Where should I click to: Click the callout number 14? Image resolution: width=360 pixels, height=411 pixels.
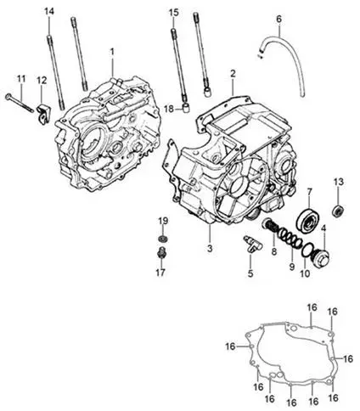49,12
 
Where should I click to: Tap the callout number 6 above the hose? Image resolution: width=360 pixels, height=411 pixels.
278,19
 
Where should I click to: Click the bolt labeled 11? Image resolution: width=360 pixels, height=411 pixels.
20,103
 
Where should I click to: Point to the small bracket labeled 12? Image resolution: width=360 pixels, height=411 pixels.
43,115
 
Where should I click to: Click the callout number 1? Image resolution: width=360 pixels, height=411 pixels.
112,52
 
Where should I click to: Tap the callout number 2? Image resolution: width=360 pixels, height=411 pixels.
233,74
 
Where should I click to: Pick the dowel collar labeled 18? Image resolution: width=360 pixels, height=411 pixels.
185,108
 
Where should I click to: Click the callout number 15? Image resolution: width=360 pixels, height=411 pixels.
174,13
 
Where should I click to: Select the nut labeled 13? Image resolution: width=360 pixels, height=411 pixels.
338,210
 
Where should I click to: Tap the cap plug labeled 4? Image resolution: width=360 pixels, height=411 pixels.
321,257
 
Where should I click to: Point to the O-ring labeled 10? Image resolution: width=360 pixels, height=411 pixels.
307,250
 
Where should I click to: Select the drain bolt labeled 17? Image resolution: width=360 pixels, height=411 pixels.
162,252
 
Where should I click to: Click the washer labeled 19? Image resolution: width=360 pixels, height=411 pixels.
162,239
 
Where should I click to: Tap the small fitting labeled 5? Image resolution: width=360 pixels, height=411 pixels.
253,245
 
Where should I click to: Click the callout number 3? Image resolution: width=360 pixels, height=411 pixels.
210,248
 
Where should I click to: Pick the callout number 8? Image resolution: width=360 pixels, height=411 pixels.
274,251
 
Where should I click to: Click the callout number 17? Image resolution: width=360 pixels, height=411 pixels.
160,273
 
